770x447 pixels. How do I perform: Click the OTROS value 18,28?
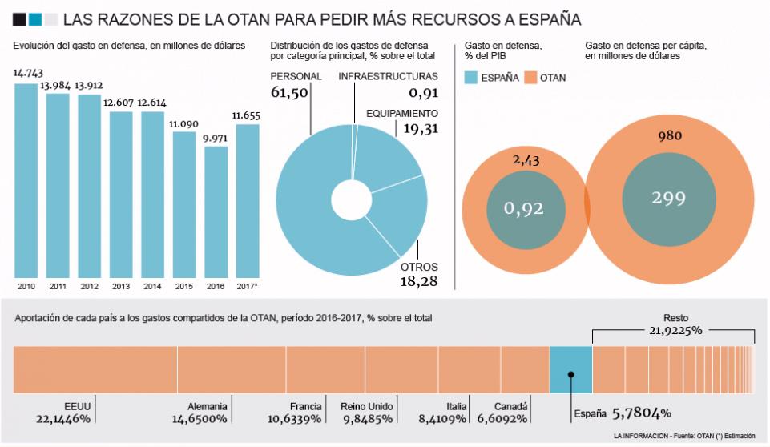tap(419, 281)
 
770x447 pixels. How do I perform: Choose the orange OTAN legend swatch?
tap(530, 78)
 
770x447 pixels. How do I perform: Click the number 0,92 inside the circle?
tap(523, 209)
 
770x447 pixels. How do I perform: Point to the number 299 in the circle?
tap(670, 198)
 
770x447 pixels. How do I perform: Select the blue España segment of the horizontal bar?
tap(570, 369)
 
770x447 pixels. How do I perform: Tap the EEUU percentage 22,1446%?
tap(63, 419)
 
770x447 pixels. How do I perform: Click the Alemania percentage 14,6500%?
tap(200, 419)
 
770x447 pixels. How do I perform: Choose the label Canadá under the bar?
tap(510, 406)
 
